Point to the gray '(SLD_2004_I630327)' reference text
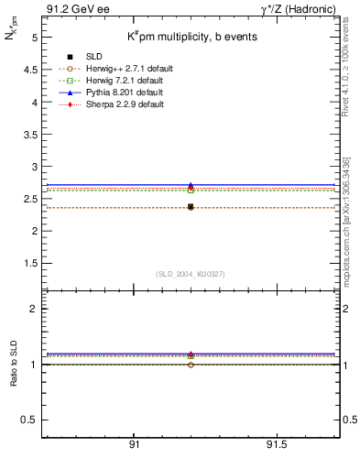pos(190,274)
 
